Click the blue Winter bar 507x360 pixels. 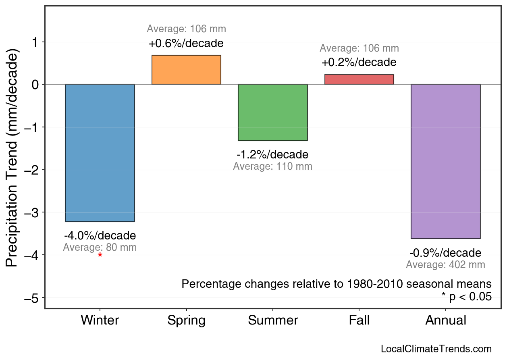coord(100,153)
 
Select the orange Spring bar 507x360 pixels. coord(186,70)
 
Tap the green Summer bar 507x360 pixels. coord(273,112)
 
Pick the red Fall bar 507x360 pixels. coord(359,79)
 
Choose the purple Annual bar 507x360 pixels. coord(445,161)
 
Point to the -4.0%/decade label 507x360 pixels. coord(100,235)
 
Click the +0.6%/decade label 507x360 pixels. coord(186,43)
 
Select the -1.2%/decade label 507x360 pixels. coord(273,155)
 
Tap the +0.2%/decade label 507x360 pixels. coord(359,62)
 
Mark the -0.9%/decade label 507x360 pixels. coord(445,253)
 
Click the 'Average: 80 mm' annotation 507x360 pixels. coord(100,248)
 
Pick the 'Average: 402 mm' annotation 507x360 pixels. coord(445,265)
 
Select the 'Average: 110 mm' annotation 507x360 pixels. coord(273,166)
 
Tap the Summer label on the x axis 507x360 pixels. coord(273,320)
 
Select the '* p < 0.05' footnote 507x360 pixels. coord(466,297)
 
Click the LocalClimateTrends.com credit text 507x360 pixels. coord(436,349)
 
